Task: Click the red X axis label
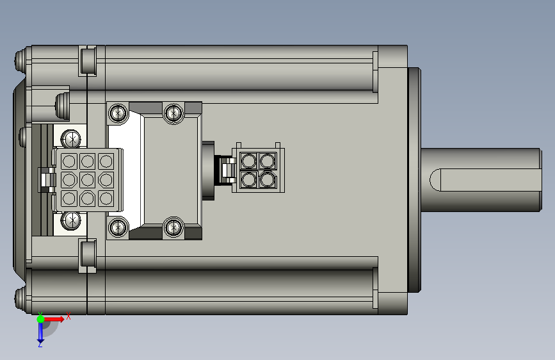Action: point(68,316)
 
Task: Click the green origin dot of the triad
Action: point(41,319)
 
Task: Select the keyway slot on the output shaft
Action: point(485,180)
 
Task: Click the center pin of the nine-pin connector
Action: point(88,180)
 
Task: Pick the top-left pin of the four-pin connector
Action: point(248,161)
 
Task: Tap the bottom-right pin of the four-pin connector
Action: point(267,180)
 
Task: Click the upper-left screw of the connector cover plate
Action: point(118,113)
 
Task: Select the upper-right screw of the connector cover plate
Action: point(173,113)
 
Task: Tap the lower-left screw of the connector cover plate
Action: point(118,227)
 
